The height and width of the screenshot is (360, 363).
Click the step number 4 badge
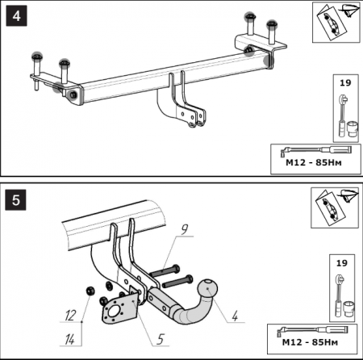[x=16, y=16]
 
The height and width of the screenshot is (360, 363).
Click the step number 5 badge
[x=16, y=200]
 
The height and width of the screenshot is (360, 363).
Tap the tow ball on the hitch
[x=207, y=288]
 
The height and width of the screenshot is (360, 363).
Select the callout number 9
[x=184, y=229]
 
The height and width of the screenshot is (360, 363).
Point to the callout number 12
[x=70, y=315]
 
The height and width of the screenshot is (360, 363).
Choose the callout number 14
[x=70, y=340]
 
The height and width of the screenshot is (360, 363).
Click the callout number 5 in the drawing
[x=161, y=339]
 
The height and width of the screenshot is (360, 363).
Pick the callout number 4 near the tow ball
[x=235, y=316]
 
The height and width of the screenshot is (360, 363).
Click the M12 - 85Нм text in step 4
[x=314, y=162]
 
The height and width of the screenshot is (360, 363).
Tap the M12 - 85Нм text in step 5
[x=310, y=342]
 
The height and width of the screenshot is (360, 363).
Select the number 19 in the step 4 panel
[x=345, y=82]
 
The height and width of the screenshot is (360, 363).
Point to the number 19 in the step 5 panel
[x=342, y=263]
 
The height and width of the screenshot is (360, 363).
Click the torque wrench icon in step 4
[x=316, y=150]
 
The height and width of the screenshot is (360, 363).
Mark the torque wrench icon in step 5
[x=312, y=330]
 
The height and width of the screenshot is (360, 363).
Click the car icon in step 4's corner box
[x=331, y=23]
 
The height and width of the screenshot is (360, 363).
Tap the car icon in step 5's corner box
[x=329, y=209]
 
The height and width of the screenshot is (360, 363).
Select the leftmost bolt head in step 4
[x=36, y=57]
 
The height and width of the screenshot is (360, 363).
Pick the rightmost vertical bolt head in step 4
[x=272, y=24]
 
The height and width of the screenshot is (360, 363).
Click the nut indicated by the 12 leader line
[x=90, y=291]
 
